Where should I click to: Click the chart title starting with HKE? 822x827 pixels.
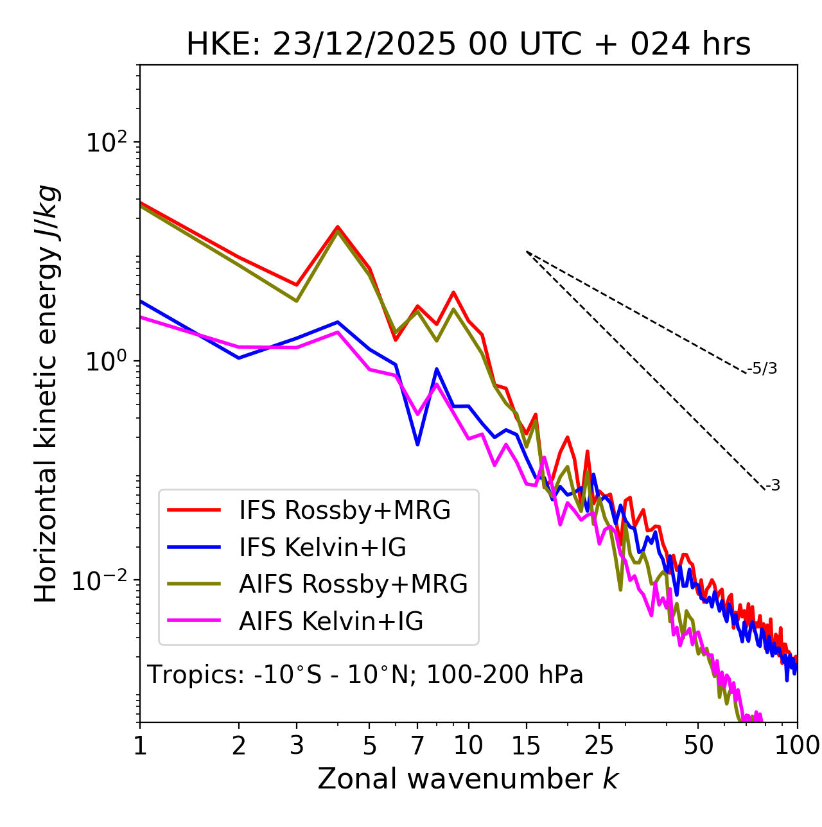(468, 45)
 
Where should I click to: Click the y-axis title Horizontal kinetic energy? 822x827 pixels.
(46, 394)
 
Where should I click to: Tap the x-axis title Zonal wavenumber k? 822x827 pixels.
(468, 779)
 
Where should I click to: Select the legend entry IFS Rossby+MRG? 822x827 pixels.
(344, 510)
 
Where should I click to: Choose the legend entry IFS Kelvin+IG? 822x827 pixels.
(322, 548)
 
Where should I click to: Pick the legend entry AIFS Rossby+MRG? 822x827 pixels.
(353, 584)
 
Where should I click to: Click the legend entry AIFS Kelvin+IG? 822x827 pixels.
(331, 622)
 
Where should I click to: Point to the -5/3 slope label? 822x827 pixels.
(762, 369)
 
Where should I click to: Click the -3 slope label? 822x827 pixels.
(773, 486)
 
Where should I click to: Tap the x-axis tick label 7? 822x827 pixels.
(417, 746)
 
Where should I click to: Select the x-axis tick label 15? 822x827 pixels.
(526, 746)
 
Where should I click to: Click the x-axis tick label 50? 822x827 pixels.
(698, 746)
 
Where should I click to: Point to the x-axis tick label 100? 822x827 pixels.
(796, 746)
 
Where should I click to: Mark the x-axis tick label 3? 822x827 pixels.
(297, 746)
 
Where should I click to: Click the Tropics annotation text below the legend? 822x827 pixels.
(365, 675)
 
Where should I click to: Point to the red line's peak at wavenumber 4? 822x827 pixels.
(337, 227)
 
